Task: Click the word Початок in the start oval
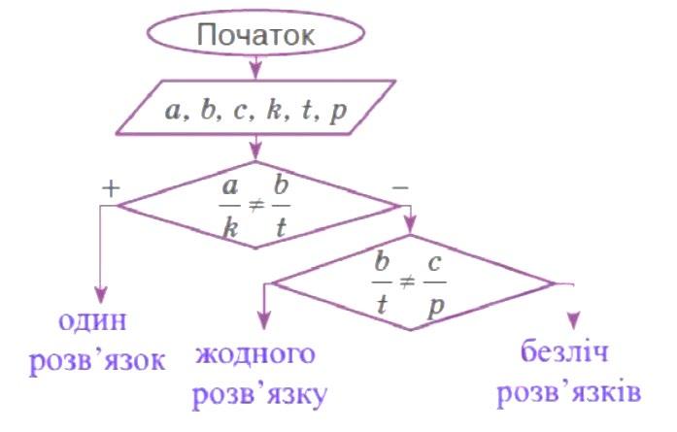pos(255,36)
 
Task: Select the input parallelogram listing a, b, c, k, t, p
pos(255,109)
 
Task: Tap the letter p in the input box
pos(338,110)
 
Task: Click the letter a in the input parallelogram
pos(175,110)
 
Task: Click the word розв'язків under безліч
pos(568,393)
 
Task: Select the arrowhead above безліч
pos(574,320)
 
